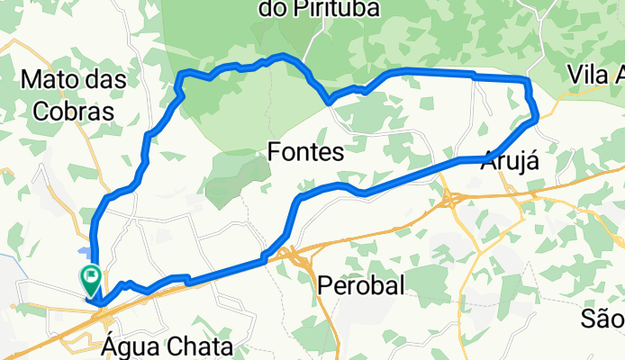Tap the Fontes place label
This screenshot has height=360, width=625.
point(306,154)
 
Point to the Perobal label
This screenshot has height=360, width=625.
point(360,284)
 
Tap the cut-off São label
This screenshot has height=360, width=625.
point(602,318)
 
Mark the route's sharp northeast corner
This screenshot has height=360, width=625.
point(527,82)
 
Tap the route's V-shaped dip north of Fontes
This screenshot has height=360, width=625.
point(331,101)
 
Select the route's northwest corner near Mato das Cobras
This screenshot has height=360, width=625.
point(183,73)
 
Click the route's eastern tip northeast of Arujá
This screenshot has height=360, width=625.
point(537,115)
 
